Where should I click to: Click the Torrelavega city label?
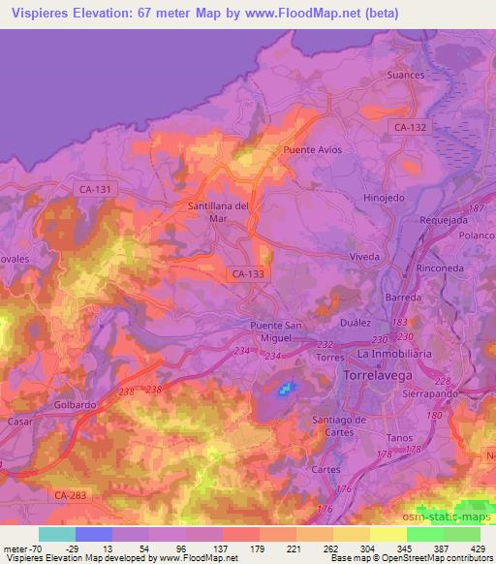pos(378,372)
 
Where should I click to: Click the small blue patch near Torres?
pos(285,390)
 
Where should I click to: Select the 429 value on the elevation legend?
pos(479,548)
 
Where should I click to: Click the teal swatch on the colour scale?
pos(57,534)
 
